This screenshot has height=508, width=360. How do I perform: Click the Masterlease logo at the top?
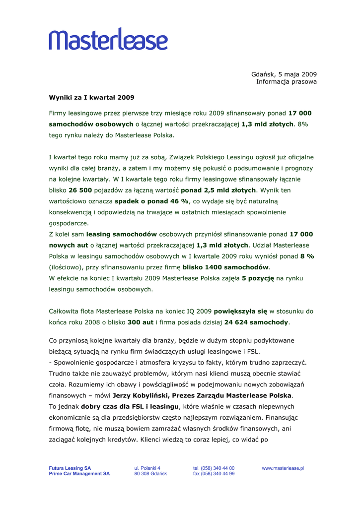click(108, 39)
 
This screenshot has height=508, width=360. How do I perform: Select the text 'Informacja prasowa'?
click(287, 82)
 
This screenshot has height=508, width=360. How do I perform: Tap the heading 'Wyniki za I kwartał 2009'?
click(91, 97)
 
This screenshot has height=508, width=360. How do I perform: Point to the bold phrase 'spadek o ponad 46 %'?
click(152, 201)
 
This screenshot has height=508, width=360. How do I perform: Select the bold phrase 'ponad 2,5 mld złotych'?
click(218, 190)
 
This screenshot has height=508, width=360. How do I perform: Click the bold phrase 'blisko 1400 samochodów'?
click(225, 267)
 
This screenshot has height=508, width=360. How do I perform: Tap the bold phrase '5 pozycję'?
click(258, 278)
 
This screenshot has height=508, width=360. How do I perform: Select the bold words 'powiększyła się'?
click(240, 312)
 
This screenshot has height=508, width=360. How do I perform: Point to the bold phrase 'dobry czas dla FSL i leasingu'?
click(130, 406)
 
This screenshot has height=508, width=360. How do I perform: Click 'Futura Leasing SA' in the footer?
click(70, 468)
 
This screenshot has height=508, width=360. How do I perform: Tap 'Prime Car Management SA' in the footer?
click(79, 474)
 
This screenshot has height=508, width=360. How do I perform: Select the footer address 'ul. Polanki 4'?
click(147, 468)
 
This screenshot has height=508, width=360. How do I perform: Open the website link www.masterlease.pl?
click(283, 468)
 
